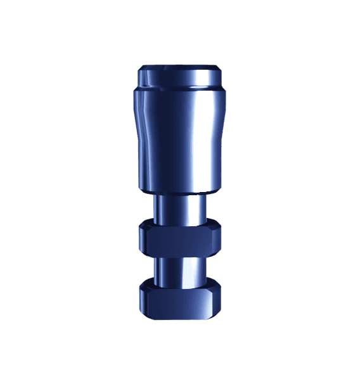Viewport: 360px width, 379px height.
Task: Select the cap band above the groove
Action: [x=181, y=78]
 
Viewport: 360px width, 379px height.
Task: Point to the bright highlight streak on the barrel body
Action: [x=202, y=136]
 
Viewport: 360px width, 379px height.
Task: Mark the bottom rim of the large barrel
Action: [x=181, y=191]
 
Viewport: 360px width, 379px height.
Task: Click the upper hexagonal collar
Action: [x=180, y=239]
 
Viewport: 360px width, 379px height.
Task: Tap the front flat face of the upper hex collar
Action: [x=180, y=241]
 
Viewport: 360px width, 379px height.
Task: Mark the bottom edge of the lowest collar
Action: [x=180, y=318]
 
